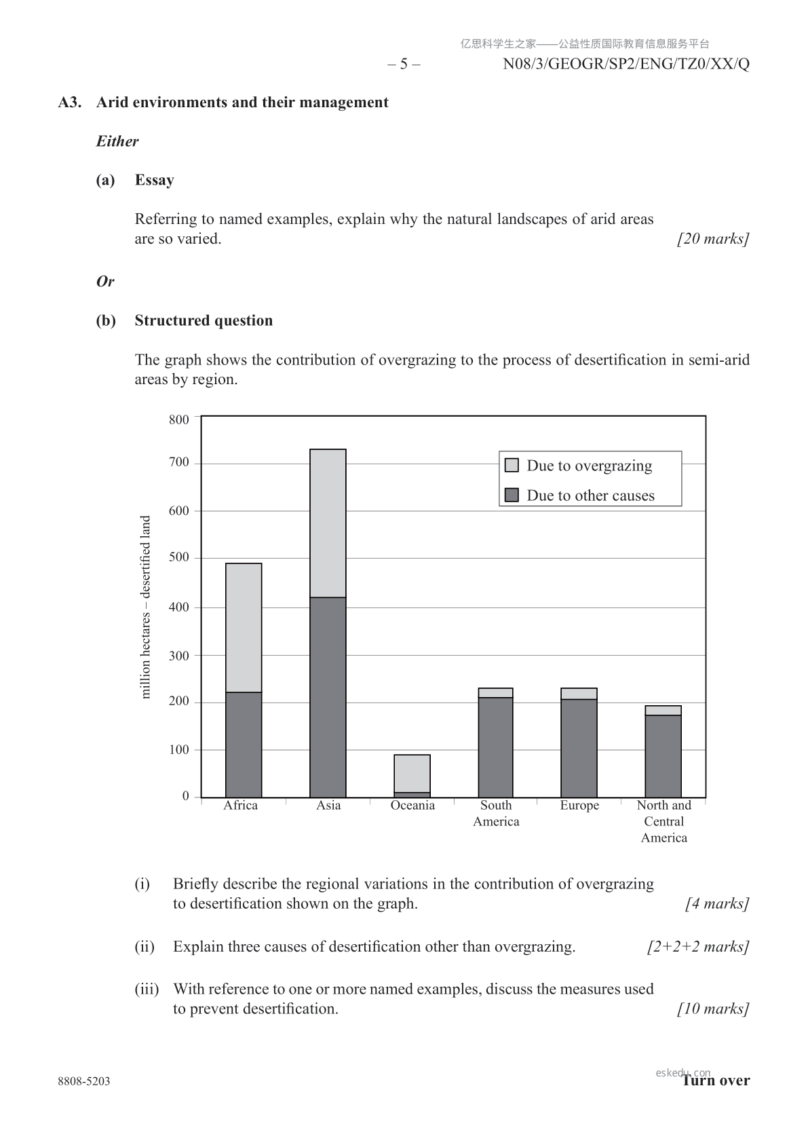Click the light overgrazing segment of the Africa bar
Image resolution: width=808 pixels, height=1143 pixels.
[x=244, y=628]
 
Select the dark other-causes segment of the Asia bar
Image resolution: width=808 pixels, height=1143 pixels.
[x=328, y=697]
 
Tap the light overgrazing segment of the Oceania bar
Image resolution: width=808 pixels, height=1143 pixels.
[x=412, y=773]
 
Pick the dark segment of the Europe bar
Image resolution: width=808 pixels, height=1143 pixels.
[x=579, y=748]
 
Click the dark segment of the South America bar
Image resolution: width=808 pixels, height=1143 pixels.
[x=495, y=747]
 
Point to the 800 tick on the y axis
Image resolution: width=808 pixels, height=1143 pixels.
[x=179, y=419]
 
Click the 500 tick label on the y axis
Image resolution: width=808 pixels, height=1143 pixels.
[x=179, y=558]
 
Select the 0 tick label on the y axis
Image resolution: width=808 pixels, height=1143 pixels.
[x=185, y=796]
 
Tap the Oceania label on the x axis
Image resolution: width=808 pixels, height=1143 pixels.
[x=412, y=806]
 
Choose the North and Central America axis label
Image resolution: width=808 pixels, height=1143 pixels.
[x=664, y=821]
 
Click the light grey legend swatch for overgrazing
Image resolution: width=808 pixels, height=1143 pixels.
[x=512, y=465]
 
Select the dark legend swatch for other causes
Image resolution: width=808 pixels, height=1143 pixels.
[x=512, y=495]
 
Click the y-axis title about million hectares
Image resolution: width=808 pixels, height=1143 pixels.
[x=145, y=607]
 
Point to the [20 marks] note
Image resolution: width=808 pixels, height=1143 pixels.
[x=713, y=239]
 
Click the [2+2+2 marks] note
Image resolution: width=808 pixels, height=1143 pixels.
[x=698, y=947]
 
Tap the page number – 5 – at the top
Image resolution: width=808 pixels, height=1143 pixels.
[x=404, y=64]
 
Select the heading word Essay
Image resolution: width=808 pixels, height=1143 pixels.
[x=154, y=180]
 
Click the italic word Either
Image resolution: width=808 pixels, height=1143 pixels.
[x=117, y=141]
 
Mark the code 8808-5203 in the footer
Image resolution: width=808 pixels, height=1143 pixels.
[x=84, y=1081]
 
